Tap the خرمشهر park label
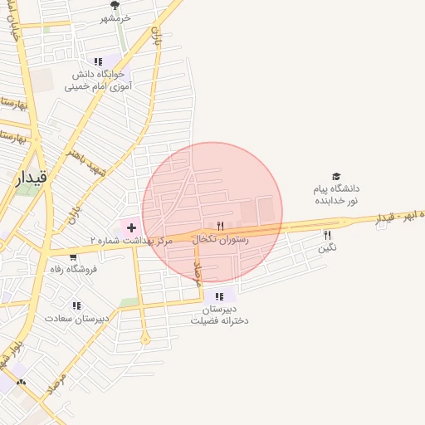pyautogui.click(x=115, y=18)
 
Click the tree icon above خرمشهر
pyautogui.click(x=115, y=6)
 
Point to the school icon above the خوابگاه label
pyautogui.click(x=98, y=61)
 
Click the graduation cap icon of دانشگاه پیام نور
pyautogui.click(x=336, y=177)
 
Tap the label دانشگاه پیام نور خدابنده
pyautogui.click(x=335, y=194)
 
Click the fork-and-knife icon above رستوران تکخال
pyautogui.click(x=220, y=225)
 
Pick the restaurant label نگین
pyautogui.click(x=327, y=247)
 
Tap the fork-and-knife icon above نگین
pyautogui.click(x=327, y=235)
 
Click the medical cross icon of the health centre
pyautogui.click(x=131, y=227)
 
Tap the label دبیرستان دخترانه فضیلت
pyautogui.click(x=219, y=315)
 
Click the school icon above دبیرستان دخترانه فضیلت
pyautogui.click(x=219, y=296)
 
